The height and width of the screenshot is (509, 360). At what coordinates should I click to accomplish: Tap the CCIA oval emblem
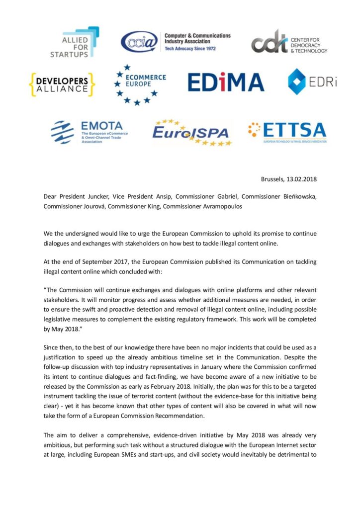click(140, 43)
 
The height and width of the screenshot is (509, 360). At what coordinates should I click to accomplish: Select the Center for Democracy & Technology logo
click(288, 42)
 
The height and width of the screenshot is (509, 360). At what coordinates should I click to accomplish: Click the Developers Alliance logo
click(62, 84)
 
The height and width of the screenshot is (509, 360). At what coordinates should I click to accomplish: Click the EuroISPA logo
click(191, 132)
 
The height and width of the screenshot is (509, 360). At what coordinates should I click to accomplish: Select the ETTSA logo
click(287, 131)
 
